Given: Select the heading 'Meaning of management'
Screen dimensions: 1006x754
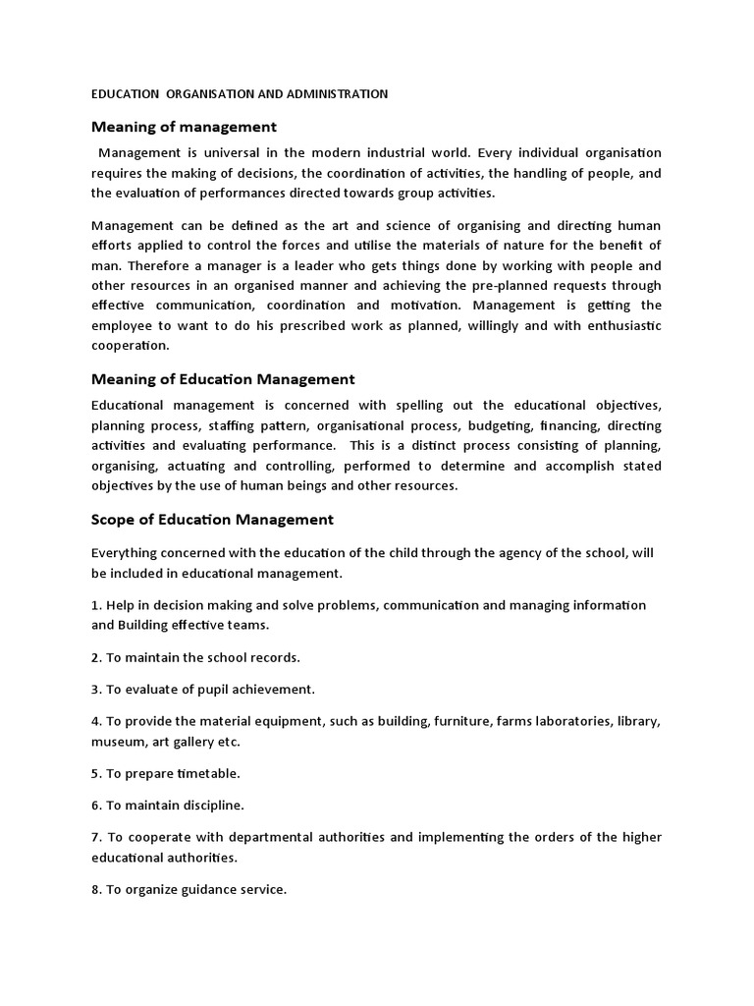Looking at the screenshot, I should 184,127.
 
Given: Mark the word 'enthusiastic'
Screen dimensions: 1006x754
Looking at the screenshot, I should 617,325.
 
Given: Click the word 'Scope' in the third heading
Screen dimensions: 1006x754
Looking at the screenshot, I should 114,520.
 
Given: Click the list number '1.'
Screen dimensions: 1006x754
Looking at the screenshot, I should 97,605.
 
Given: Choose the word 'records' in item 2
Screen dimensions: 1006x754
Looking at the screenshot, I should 271,656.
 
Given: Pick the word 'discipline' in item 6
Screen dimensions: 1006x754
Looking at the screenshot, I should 206,806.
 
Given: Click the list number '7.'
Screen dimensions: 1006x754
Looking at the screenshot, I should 97,837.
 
